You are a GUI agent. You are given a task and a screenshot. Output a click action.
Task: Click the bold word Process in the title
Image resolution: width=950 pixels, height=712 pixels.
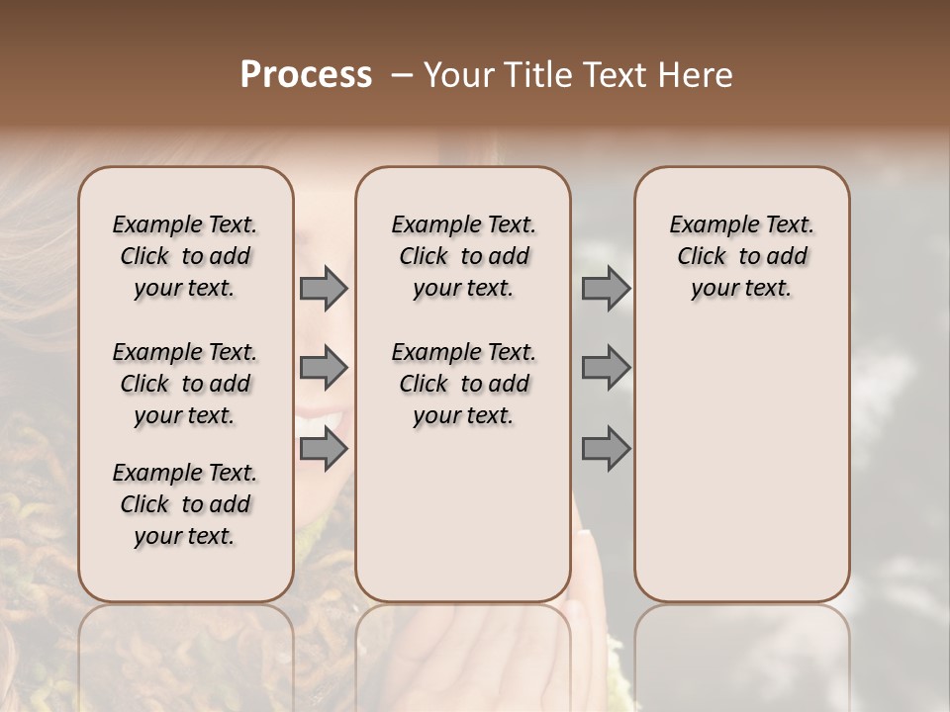[306, 75]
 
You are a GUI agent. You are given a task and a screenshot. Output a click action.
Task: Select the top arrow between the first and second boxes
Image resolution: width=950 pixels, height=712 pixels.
[324, 289]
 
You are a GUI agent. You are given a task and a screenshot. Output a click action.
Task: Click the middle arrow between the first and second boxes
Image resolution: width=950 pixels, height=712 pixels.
[324, 368]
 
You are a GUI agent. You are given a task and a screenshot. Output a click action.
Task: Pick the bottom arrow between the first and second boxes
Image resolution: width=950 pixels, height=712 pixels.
[324, 449]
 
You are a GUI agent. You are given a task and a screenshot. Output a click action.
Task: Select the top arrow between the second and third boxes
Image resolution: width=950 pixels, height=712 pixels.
[606, 289]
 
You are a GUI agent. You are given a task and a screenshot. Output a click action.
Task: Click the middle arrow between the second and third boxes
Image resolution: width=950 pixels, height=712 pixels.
[606, 368]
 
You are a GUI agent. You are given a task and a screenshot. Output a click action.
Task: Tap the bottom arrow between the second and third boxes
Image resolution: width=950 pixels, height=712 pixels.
[606, 449]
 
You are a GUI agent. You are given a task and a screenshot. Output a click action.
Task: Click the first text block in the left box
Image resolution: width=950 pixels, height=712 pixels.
[185, 256]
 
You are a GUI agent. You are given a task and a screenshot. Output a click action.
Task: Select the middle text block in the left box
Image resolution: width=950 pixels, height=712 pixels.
[185, 384]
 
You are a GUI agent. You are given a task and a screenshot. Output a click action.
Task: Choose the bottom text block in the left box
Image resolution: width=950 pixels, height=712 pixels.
[185, 504]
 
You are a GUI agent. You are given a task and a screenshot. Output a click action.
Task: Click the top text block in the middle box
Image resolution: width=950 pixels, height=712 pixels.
[463, 256]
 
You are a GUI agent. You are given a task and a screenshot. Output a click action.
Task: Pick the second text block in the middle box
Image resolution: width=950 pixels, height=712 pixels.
[463, 384]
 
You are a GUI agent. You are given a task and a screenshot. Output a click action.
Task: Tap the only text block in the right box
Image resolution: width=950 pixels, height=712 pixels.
[742, 256]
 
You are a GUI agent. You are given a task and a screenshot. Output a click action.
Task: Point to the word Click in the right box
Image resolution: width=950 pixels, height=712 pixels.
[702, 257]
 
